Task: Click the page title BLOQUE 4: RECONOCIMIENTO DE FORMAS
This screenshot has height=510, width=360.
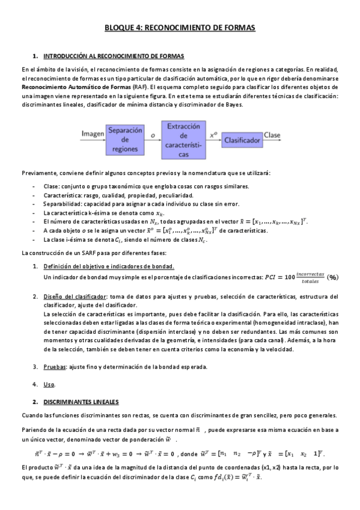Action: point(180,28)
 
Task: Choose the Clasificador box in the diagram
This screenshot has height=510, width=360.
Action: point(242,140)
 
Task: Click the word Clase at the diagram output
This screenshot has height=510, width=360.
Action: point(272,134)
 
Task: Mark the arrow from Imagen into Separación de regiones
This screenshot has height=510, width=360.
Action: point(101,140)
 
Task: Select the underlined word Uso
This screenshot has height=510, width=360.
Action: point(49,384)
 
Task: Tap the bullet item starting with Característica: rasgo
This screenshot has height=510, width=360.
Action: point(118,195)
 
